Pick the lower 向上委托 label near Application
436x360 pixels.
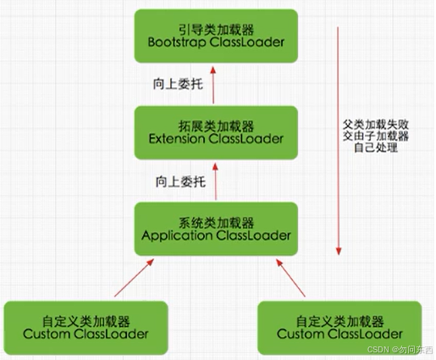click(x=179, y=180)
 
